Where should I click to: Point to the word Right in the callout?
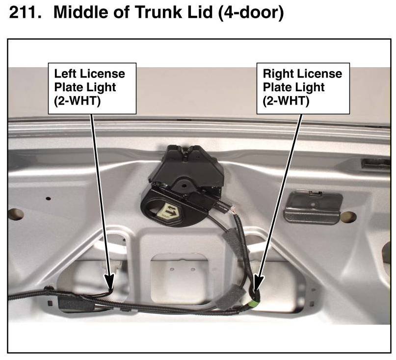click(x=278, y=74)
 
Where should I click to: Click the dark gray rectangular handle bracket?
click(x=312, y=206)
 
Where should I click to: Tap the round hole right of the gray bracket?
click(x=348, y=217)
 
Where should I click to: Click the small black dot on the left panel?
click(x=48, y=198)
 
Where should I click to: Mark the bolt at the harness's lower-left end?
click(x=49, y=289)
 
